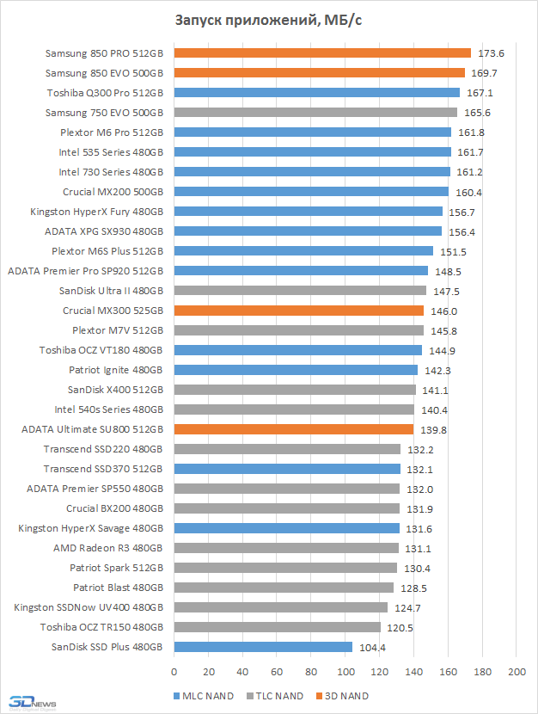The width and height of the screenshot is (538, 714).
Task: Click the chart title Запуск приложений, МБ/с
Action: point(268,22)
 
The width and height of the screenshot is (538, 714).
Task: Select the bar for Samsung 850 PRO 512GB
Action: point(322,53)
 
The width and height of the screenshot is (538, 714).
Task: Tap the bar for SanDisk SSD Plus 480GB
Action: point(263,647)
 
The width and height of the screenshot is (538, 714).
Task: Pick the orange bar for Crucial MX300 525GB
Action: point(299,311)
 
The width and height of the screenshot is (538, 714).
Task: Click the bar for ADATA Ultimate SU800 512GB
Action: point(294,429)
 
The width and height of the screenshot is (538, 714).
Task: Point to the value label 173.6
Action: point(490,53)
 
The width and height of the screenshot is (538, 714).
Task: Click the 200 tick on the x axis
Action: point(517,671)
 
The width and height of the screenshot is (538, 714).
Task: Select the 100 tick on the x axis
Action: point(345,671)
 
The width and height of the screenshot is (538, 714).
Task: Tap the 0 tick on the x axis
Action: point(174,671)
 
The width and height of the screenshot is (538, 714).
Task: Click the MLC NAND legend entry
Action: point(205,696)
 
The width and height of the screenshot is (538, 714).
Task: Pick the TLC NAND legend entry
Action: point(274,696)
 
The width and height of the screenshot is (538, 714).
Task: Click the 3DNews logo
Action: point(26,701)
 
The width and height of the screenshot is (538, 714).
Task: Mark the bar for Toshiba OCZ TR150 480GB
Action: point(277,627)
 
